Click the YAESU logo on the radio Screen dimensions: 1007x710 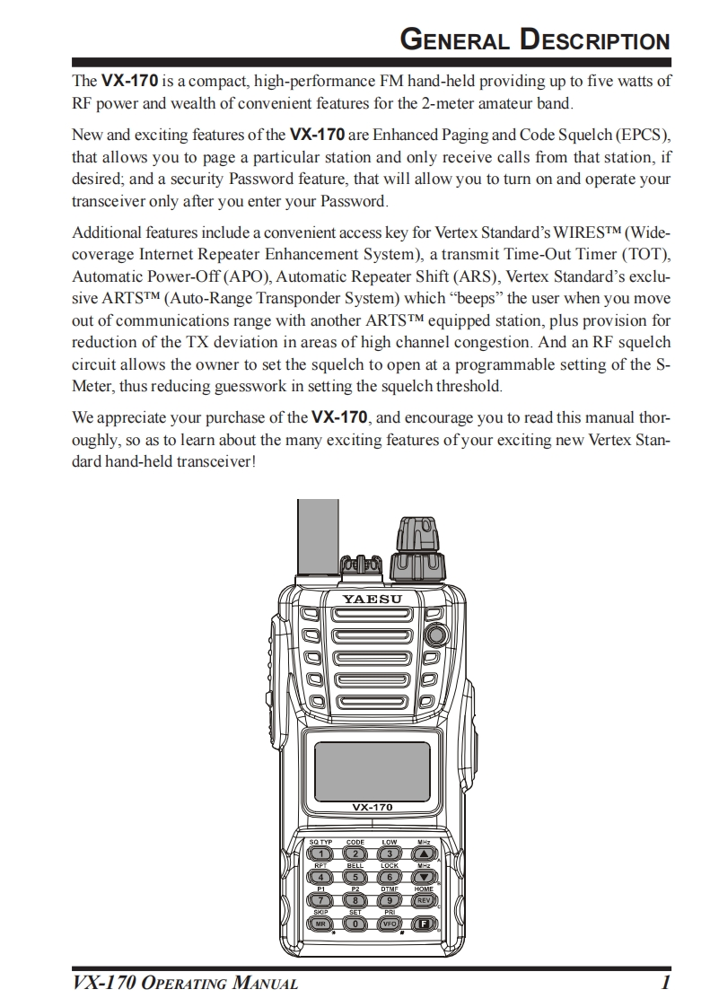(x=372, y=598)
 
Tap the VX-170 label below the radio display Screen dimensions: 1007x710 (x=372, y=807)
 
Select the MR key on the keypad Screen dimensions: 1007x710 (x=320, y=923)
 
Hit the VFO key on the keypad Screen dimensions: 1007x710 (x=390, y=923)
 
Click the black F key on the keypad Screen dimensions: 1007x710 (x=424, y=923)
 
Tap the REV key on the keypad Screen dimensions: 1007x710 (x=424, y=899)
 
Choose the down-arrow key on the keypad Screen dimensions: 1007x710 (x=424, y=877)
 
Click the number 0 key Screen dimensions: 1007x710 (x=355, y=923)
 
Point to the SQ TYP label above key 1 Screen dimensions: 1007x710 (x=320, y=843)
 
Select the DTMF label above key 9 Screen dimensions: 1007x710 (x=390, y=889)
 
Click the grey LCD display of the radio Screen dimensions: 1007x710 (x=364, y=755)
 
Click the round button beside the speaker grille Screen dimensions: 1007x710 (x=437, y=635)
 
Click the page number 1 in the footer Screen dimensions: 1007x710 (x=665, y=984)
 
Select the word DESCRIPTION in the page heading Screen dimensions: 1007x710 (x=596, y=40)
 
